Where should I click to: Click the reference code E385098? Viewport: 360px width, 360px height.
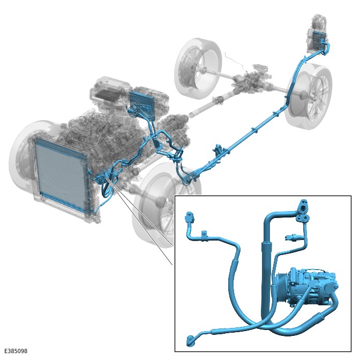tap(16, 351)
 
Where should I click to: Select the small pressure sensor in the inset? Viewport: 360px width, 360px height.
tap(292, 237)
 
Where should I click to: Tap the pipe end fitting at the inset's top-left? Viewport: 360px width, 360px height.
tap(190, 217)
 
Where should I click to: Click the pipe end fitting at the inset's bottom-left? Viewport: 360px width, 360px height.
tap(191, 340)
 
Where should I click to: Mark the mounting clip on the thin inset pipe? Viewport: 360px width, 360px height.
tap(204, 236)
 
